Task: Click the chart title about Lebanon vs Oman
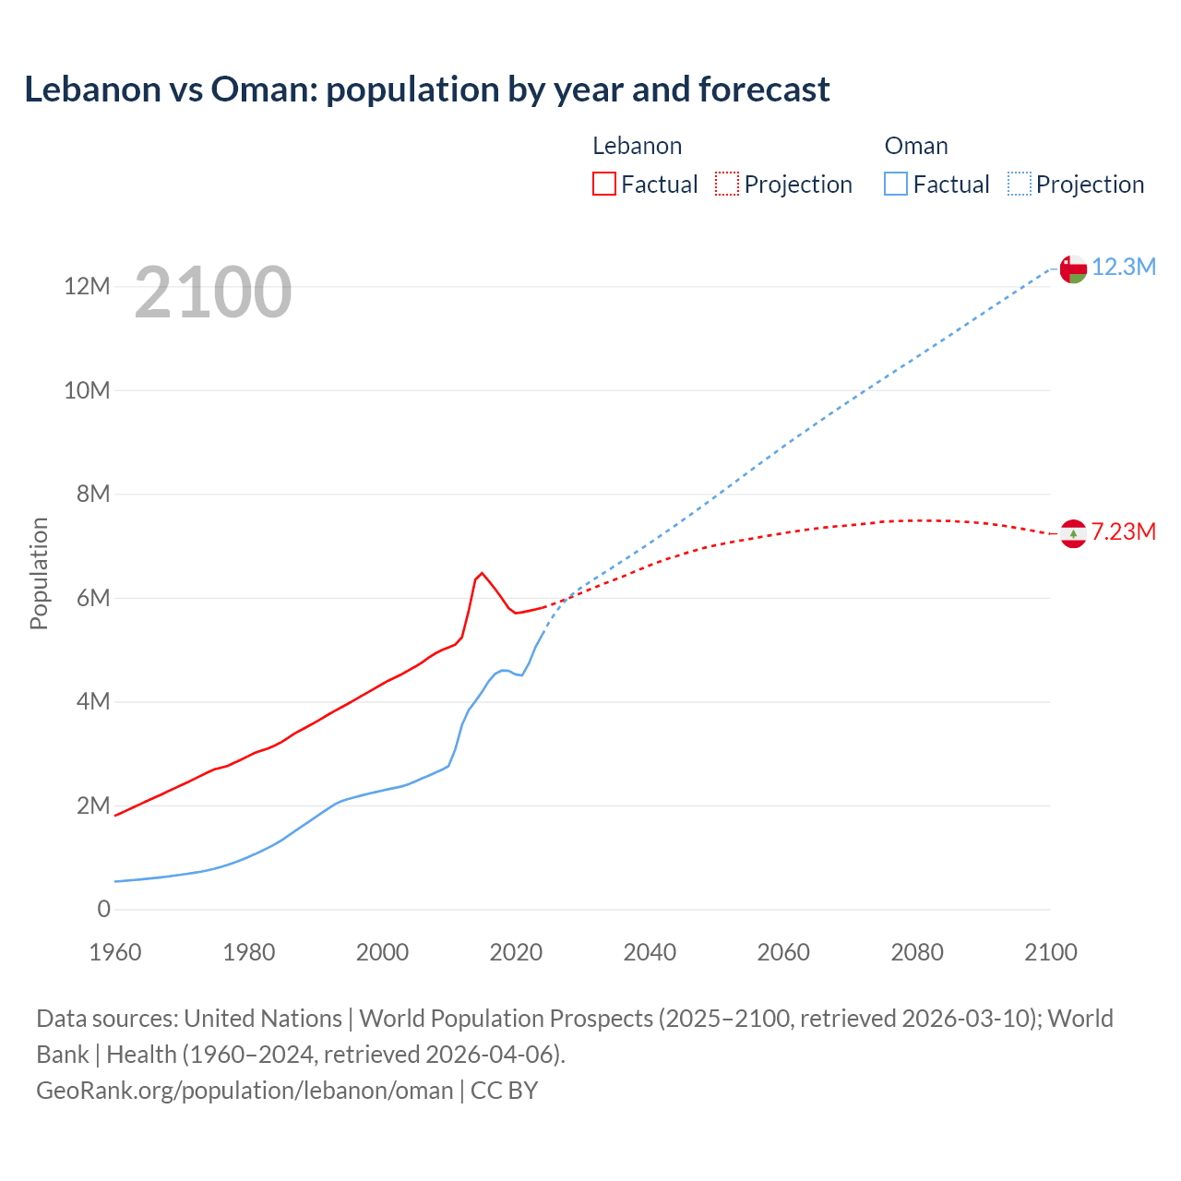coord(426,89)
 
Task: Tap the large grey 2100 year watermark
coord(213,292)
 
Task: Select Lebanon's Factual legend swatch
coord(604,184)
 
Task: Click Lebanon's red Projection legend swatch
coord(727,184)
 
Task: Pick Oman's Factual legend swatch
coord(896,184)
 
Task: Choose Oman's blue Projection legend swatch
coord(1020,184)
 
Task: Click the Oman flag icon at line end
coord(1073,268)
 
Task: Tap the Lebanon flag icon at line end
coord(1073,533)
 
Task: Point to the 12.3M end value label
coord(1124,267)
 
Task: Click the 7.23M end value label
coord(1124,531)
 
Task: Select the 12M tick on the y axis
coord(87,287)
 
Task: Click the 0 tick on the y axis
coord(103,909)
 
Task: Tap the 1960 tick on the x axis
coord(115,952)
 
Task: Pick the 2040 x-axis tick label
coord(650,952)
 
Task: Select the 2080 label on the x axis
coord(917,952)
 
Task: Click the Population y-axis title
coord(39,573)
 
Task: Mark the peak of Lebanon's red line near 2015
coord(482,573)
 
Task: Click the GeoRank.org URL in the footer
coord(245,1091)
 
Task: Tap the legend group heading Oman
coord(916,146)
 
